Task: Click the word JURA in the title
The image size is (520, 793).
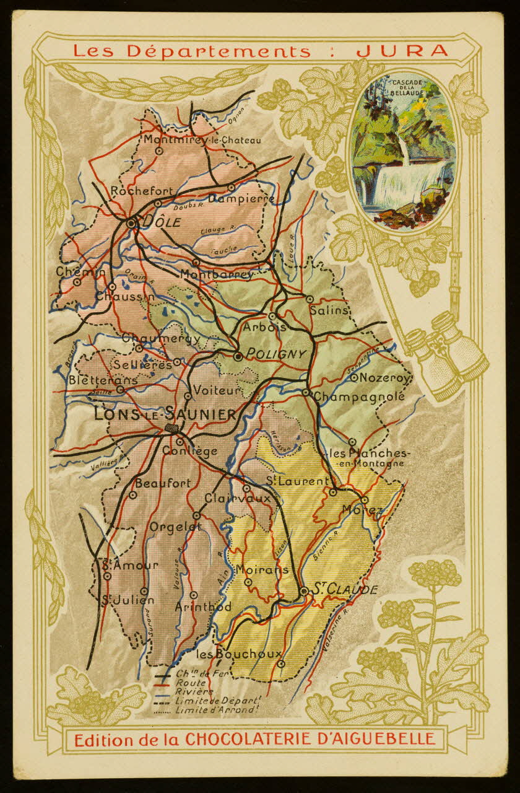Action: [402, 50]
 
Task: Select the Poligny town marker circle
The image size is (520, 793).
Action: [238, 356]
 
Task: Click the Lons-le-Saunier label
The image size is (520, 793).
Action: [165, 414]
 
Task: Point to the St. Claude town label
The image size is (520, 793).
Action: [344, 590]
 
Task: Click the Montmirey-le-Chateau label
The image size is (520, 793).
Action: [202, 140]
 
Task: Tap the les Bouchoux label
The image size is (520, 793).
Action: [238, 654]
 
